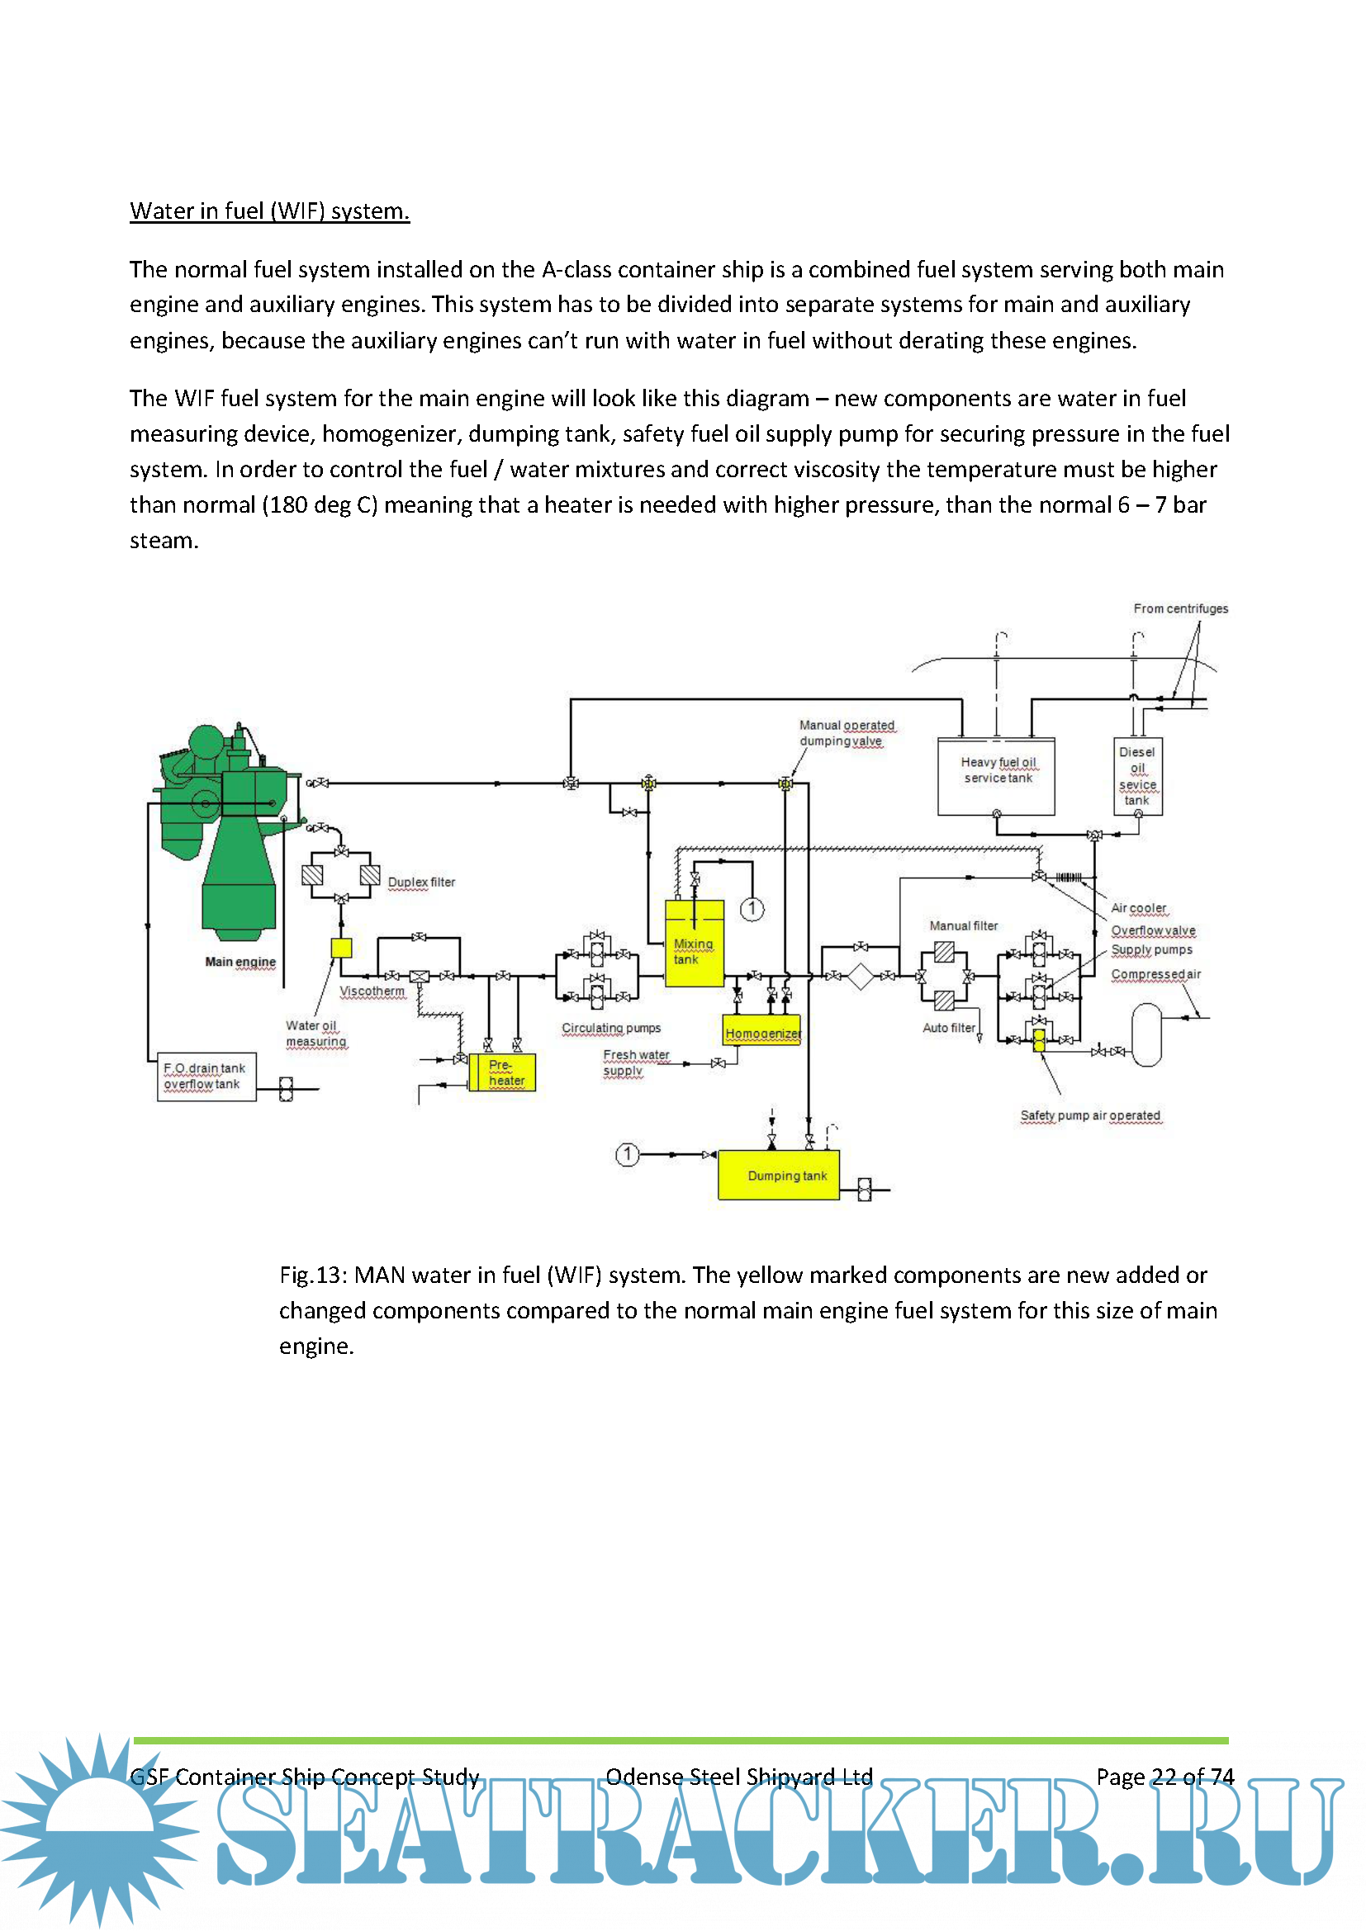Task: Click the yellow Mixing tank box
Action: click(x=694, y=943)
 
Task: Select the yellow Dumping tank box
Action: click(x=779, y=1175)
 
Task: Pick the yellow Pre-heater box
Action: click(x=502, y=1072)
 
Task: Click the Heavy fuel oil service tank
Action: click(x=997, y=776)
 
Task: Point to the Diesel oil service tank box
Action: click(x=1137, y=775)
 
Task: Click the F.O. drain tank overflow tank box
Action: click(x=206, y=1077)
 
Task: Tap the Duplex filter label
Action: click(x=420, y=883)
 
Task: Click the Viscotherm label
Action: click(x=372, y=991)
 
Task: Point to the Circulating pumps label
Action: click(x=611, y=1028)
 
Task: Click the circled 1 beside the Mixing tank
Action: click(x=752, y=908)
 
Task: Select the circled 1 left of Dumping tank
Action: click(x=627, y=1154)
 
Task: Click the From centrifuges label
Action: click(x=1180, y=608)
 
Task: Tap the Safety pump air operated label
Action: click(x=1090, y=1115)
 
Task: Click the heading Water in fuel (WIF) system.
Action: click(x=269, y=211)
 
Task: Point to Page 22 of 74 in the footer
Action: click(x=1164, y=1777)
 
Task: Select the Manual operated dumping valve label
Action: click(x=847, y=732)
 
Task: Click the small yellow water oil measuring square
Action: click(x=340, y=947)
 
